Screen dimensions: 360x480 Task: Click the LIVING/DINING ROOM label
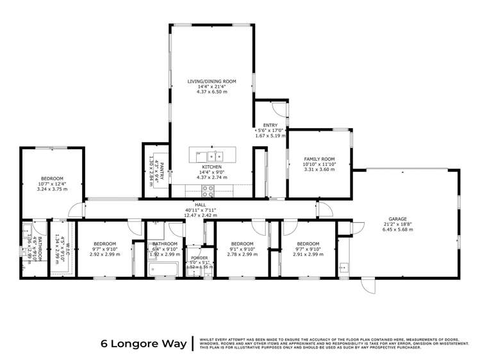point(212,81)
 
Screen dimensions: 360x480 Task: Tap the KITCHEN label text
point(212,167)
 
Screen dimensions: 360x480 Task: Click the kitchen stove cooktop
point(208,189)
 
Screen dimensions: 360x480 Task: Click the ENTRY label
point(270,125)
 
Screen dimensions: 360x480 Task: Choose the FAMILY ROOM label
point(319,159)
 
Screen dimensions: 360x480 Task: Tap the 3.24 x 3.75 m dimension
point(52,189)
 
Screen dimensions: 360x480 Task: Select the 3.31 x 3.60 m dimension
point(319,170)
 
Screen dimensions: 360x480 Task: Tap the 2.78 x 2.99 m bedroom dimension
point(242,254)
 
